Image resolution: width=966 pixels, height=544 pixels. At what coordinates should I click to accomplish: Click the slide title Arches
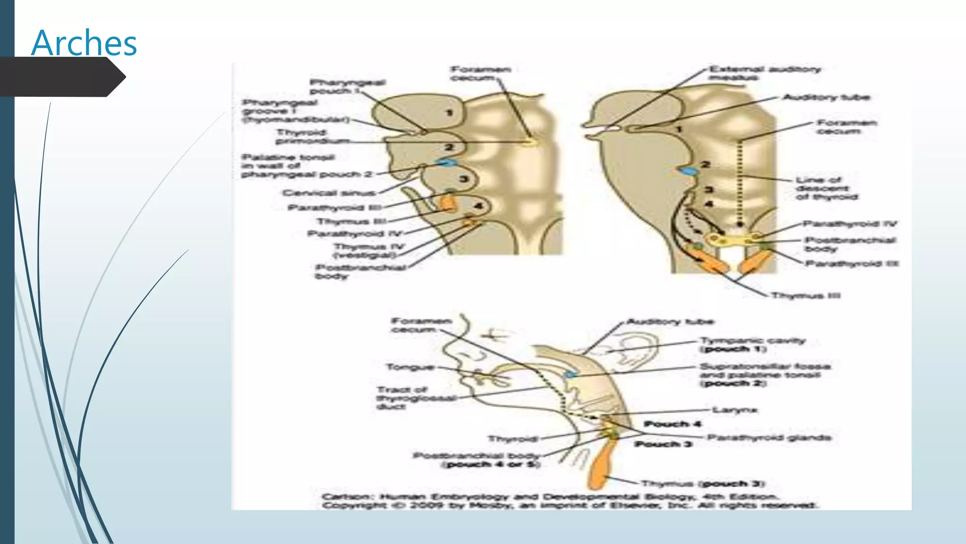pyautogui.click(x=84, y=43)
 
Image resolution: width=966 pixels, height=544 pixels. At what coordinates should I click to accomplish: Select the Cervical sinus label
pyautogui.click(x=329, y=193)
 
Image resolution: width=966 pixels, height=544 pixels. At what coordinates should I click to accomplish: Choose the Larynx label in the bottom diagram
pyautogui.click(x=734, y=410)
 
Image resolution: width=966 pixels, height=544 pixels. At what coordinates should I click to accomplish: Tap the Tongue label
pyautogui.click(x=410, y=367)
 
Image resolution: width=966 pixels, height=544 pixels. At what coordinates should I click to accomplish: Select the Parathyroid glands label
pyautogui.click(x=769, y=437)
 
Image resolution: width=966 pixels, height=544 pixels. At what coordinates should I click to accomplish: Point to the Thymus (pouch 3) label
pyautogui.click(x=703, y=484)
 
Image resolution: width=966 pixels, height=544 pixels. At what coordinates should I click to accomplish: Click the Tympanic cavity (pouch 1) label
pyautogui.click(x=752, y=345)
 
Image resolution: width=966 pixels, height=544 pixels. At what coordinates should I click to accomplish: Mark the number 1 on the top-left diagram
pyautogui.click(x=449, y=113)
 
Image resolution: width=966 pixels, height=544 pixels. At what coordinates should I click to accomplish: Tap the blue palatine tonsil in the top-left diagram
pyautogui.click(x=446, y=162)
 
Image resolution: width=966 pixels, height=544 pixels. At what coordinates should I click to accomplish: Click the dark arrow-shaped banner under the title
pyautogui.click(x=61, y=77)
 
